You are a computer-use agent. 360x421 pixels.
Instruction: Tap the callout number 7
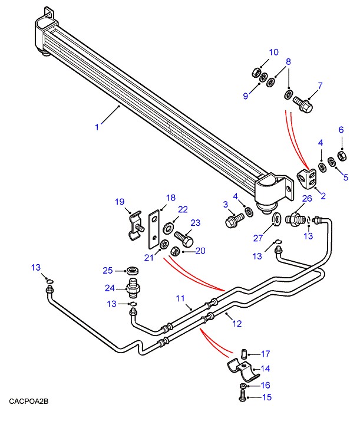point(320,86)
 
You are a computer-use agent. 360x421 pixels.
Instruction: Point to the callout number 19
point(120,202)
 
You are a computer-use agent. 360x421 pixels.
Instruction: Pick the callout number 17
point(265,354)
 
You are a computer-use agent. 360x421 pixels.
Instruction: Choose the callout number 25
point(107,270)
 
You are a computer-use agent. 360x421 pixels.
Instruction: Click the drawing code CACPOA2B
point(28,402)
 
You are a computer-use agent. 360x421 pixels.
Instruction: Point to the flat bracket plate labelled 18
point(154,227)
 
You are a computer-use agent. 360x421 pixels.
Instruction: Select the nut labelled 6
point(340,157)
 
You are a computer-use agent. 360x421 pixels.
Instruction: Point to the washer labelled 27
point(276,222)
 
